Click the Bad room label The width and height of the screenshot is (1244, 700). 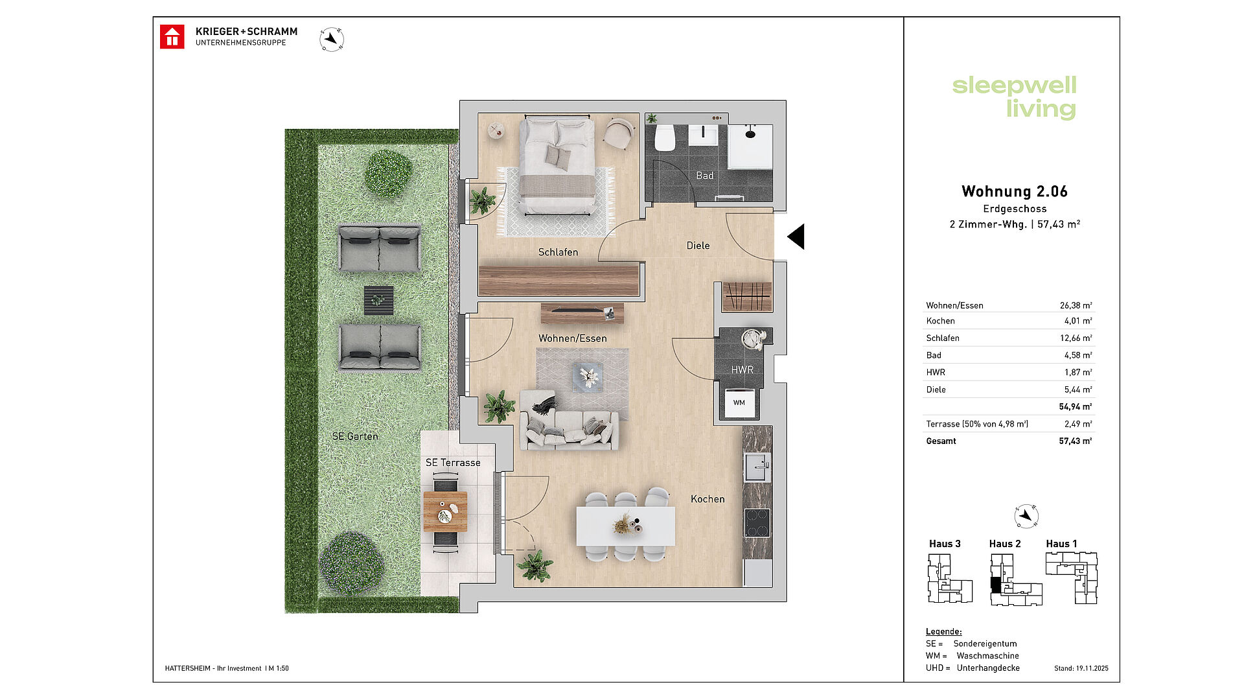coord(704,176)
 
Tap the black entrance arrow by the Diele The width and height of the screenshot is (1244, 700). coord(796,237)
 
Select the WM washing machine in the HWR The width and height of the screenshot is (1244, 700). coord(739,402)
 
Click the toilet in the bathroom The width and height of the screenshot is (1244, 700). coord(665,137)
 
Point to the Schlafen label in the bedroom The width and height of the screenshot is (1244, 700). coord(558,252)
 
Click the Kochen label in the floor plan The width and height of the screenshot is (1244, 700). coord(708,499)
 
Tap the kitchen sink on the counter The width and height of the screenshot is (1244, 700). coord(757,467)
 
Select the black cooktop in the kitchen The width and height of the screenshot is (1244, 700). coord(757,523)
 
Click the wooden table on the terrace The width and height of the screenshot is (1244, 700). coord(445,512)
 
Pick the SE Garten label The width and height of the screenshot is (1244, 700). coord(355,436)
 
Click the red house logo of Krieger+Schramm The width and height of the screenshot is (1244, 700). coord(172,37)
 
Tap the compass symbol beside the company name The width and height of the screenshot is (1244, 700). coord(332,40)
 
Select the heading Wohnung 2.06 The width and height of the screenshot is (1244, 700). coord(1015,191)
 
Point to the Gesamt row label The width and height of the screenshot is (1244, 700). coord(941,441)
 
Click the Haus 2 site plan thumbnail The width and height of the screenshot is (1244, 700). coord(1016,580)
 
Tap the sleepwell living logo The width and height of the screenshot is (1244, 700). coord(1015,97)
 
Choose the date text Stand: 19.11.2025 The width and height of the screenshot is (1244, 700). coord(1081,668)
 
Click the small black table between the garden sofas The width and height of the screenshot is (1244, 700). coord(378,300)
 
